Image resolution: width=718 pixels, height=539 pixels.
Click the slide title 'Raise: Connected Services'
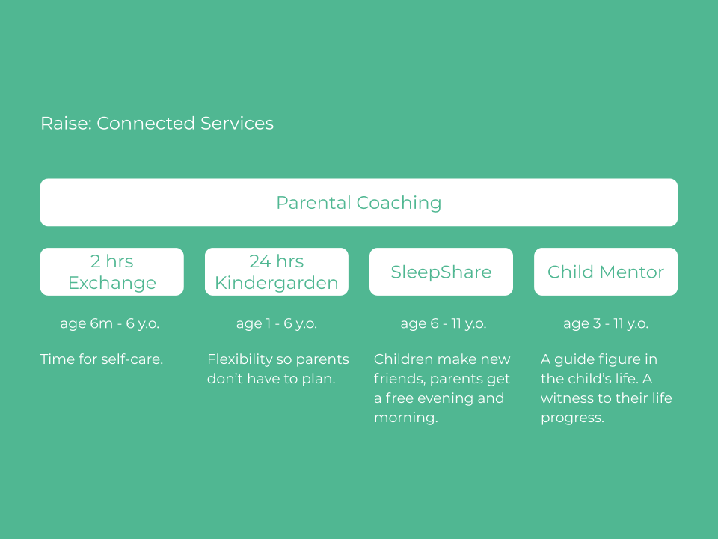(157, 124)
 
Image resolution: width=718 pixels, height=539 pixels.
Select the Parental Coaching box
(359, 202)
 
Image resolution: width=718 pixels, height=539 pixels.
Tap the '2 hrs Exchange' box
(112, 272)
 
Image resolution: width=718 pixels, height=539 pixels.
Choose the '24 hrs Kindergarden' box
(277, 272)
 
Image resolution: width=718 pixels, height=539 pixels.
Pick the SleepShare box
(441, 272)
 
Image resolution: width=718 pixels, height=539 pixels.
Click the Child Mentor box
(606, 272)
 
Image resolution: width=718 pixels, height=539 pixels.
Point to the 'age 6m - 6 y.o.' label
(110, 323)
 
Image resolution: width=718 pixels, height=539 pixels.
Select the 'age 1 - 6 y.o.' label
(277, 323)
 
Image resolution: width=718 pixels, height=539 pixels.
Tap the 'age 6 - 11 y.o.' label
(444, 323)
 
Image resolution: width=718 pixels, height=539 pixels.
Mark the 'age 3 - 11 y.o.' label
(606, 323)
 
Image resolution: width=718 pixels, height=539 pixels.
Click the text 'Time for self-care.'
(102, 359)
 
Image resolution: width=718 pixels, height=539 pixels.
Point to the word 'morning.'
(405, 418)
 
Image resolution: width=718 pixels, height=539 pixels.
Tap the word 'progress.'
(572, 418)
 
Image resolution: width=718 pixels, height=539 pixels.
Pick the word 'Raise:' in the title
(67, 124)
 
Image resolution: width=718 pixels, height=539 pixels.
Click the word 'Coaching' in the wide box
(399, 203)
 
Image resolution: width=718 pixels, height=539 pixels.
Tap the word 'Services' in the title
(237, 124)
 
